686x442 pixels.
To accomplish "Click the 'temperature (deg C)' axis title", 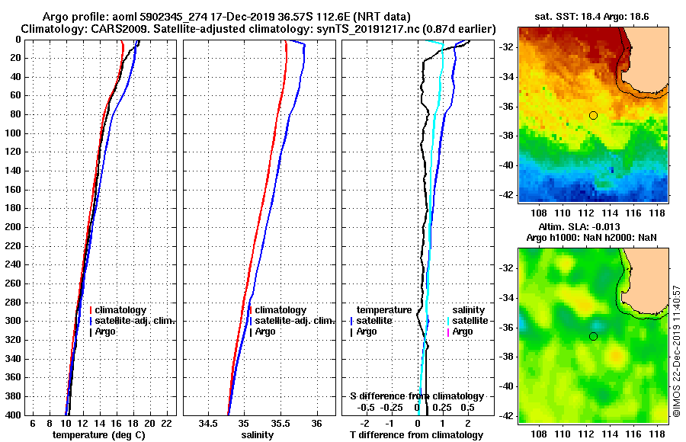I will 98,435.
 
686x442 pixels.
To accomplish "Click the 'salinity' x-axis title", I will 257,435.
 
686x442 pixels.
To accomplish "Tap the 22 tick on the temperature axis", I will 165,423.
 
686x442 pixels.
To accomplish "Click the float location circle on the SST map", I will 593,115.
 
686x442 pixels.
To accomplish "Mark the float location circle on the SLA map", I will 593,336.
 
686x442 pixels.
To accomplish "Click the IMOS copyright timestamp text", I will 678,351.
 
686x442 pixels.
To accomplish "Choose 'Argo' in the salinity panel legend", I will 265,331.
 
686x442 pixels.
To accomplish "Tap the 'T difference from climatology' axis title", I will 416,435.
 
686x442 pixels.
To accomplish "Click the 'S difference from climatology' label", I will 416,396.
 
